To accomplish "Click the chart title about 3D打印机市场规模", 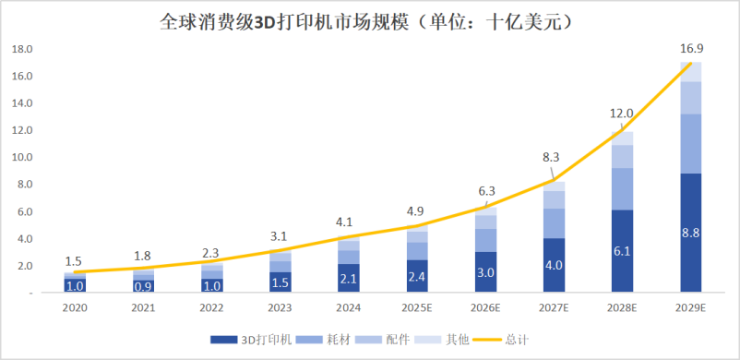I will [x=370, y=19].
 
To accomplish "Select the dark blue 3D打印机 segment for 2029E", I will [x=690, y=233].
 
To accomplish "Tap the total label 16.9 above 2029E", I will [x=690, y=48].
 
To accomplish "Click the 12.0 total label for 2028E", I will [x=622, y=114].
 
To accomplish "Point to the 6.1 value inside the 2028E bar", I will [x=623, y=250].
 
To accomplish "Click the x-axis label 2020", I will [x=75, y=306].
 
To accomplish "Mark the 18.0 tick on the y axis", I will [x=23, y=49].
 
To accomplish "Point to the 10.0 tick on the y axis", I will [x=23, y=157].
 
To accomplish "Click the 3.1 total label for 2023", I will [x=280, y=236].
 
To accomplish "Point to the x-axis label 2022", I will [x=211, y=306].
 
